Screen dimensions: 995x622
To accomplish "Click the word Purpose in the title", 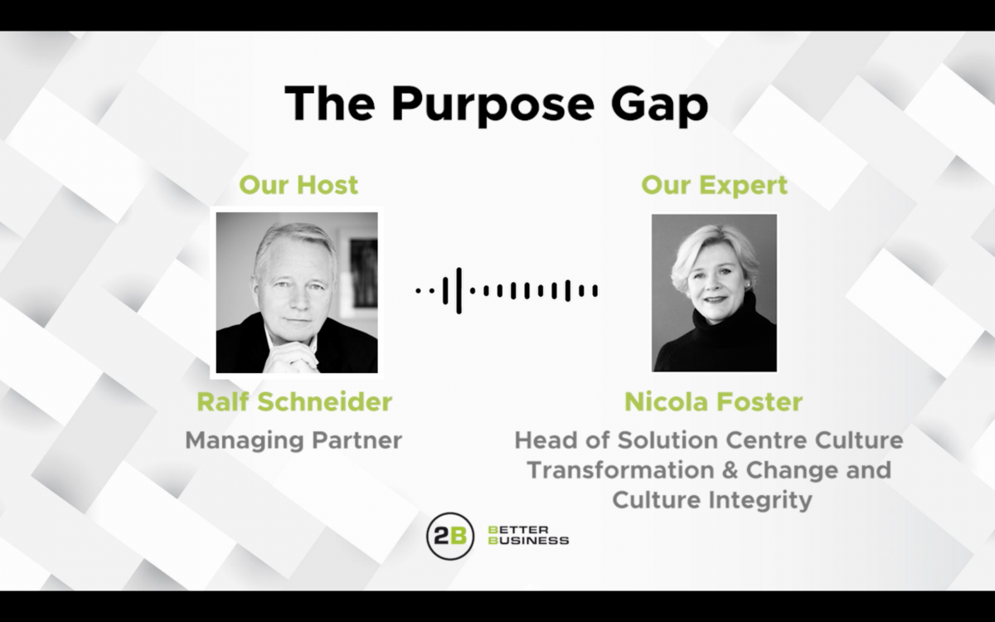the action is [x=493, y=105].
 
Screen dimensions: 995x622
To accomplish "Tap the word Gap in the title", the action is [x=660, y=105].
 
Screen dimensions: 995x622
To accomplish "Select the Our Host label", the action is [x=298, y=185].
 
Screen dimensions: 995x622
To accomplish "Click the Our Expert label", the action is [x=714, y=186].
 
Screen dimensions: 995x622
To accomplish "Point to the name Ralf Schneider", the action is [x=294, y=401].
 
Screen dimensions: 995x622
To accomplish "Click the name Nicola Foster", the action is [x=713, y=401].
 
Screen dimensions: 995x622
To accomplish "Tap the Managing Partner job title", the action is [x=294, y=441].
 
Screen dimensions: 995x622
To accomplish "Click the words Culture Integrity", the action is [x=712, y=500].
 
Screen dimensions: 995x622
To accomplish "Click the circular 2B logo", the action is [x=450, y=537].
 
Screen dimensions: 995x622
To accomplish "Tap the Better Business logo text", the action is [x=528, y=536].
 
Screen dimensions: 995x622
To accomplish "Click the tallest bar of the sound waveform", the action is [x=459, y=291].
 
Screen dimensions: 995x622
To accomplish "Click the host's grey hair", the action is [x=295, y=242].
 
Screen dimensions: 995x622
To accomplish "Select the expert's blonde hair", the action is [x=712, y=251].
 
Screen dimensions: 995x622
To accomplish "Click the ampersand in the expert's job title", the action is [x=730, y=470].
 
